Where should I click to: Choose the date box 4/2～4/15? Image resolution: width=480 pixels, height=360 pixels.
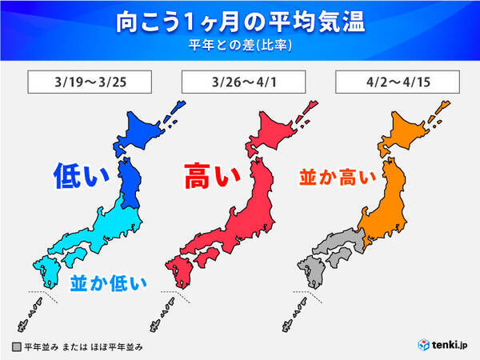pos(391,82)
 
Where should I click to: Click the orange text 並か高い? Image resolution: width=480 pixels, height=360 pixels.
pos(337,178)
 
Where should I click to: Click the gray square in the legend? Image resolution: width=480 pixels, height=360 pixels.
pos(16,348)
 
